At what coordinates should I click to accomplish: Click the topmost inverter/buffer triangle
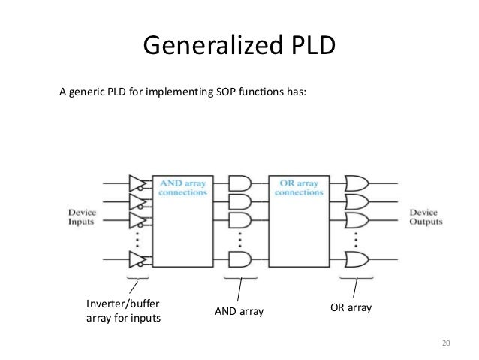(x=137, y=183)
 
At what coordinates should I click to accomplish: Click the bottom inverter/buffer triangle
(x=137, y=259)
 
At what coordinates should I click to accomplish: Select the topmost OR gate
(x=355, y=183)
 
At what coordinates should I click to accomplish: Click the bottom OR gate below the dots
(x=355, y=259)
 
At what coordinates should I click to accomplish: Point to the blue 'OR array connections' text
(x=299, y=187)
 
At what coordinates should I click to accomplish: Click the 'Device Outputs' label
(x=425, y=217)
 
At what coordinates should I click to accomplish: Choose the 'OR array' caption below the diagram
(x=351, y=308)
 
